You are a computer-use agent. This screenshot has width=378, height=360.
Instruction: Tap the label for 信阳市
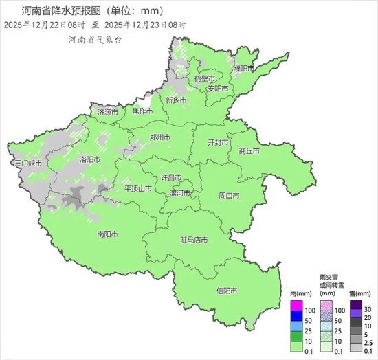[227, 291]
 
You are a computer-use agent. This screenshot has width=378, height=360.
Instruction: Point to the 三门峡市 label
[28, 164]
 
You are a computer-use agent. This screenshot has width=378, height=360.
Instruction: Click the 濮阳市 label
[244, 69]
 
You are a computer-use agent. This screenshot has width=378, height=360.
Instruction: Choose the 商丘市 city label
[248, 150]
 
